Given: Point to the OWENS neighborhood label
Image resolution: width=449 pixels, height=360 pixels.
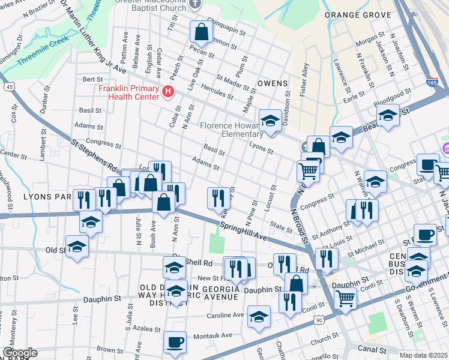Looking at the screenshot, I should tap(273, 83).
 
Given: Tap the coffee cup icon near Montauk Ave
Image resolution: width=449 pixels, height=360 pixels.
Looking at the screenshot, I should tap(175, 342).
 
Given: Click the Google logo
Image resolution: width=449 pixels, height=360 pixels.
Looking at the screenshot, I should tap(20, 353).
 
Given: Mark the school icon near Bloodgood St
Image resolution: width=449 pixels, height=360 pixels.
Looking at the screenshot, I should tap(388, 114).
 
